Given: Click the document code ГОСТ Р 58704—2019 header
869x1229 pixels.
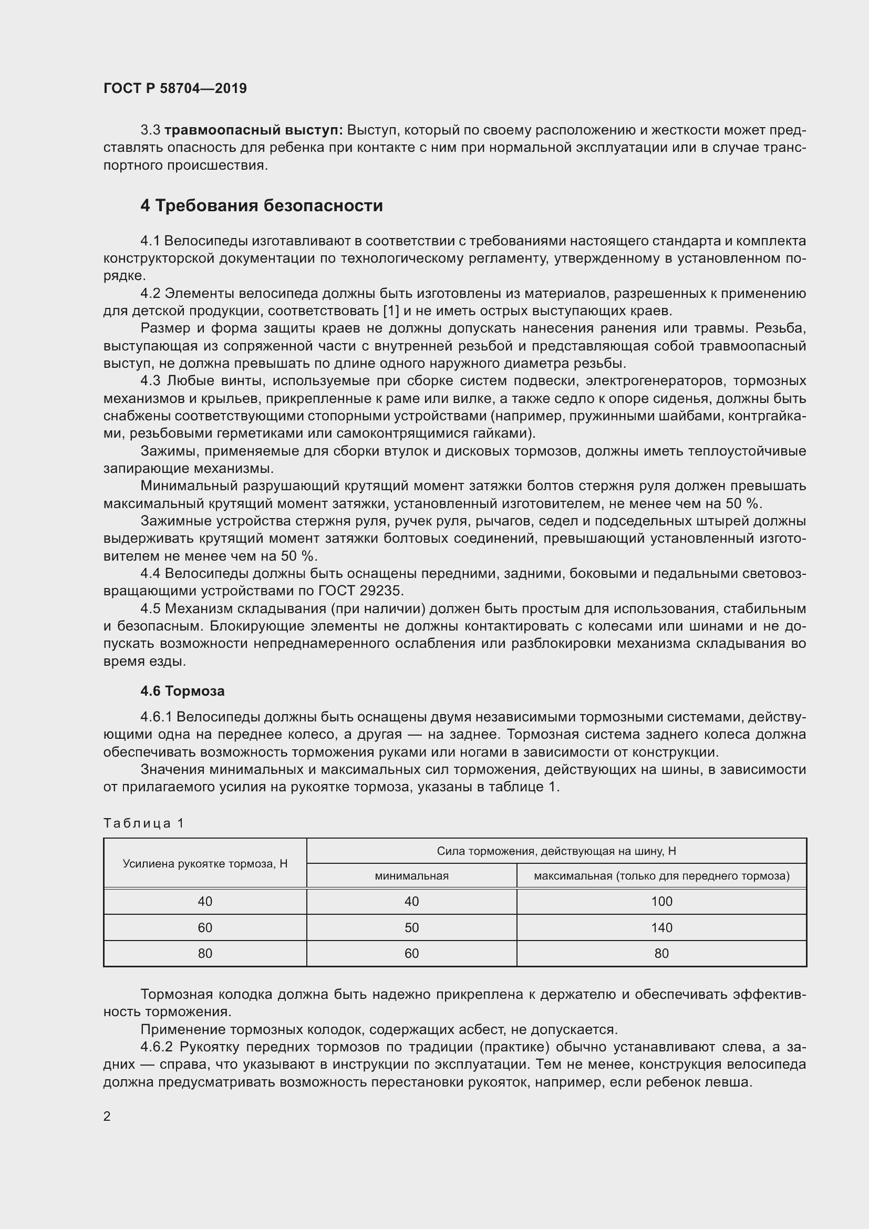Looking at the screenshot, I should (175, 88).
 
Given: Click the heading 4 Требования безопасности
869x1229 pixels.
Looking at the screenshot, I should (261, 205).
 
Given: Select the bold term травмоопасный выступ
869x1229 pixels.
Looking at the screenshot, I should (254, 130).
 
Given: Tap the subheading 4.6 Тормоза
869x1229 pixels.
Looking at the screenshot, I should (182, 691).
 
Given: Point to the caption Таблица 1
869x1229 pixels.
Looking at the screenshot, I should (143, 823).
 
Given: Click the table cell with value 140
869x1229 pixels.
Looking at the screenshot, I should (661, 927).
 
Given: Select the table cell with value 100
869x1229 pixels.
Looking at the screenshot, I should (661, 902).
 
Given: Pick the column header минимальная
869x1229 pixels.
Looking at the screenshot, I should (411, 876).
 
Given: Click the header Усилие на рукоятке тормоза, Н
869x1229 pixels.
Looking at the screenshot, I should (205, 863).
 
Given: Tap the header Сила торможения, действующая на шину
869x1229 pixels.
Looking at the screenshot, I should (556, 851).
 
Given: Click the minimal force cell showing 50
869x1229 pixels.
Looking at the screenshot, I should (411, 927).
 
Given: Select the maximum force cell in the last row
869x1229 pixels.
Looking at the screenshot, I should (661, 953).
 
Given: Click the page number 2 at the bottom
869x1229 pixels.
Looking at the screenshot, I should (107, 1116).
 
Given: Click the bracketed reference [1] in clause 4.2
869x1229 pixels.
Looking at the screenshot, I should (392, 311).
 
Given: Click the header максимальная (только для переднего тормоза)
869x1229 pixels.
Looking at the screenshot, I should (661, 876).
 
